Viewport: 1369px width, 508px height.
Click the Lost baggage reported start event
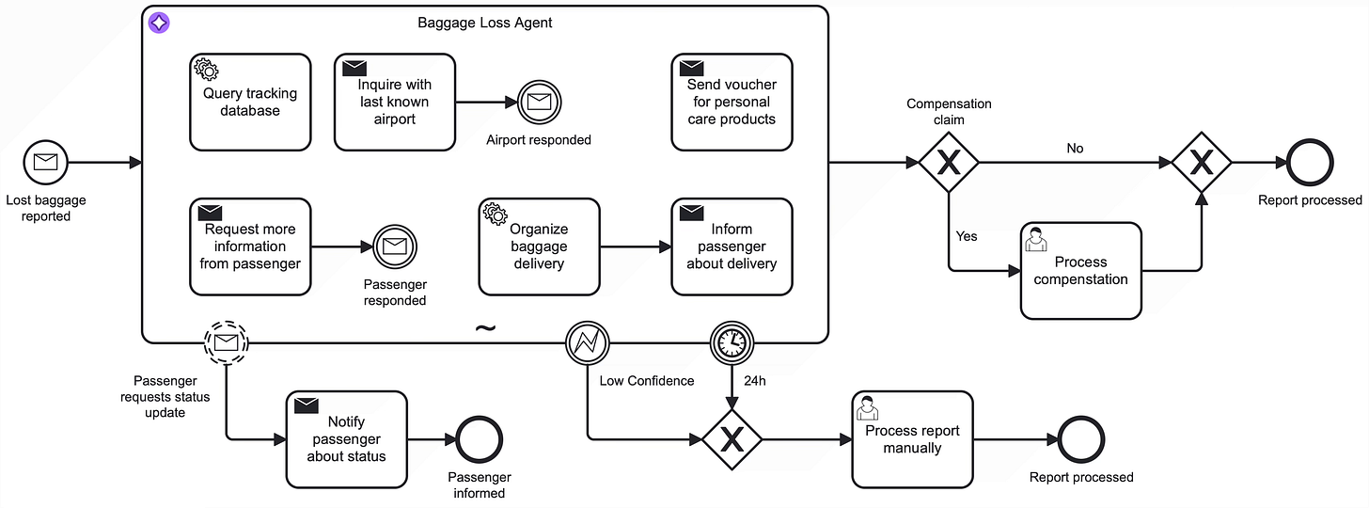(x=46, y=163)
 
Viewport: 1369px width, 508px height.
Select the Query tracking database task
(x=250, y=103)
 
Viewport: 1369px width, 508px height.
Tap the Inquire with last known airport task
(x=395, y=103)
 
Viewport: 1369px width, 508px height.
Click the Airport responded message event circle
(x=539, y=103)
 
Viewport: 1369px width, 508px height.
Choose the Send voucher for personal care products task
(x=732, y=103)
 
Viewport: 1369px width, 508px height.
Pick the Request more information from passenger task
(x=250, y=246)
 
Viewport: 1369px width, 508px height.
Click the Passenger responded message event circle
(x=395, y=246)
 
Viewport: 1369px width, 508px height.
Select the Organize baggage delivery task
(x=539, y=246)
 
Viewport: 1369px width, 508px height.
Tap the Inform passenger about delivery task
(x=732, y=246)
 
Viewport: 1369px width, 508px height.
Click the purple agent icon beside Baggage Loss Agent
(x=159, y=24)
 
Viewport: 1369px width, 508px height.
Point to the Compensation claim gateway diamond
(x=949, y=163)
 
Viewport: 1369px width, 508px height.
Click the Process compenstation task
(x=1080, y=271)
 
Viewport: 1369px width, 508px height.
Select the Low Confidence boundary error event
(x=587, y=343)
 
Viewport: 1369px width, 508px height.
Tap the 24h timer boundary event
(x=732, y=343)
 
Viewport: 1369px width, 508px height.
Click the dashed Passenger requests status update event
(x=226, y=343)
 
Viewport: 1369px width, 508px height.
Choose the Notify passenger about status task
(x=347, y=439)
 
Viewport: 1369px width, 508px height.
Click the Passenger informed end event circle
(x=480, y=439)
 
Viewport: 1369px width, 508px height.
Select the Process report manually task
(x=912, y=439)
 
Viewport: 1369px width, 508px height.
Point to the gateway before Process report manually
(x=732, y=439)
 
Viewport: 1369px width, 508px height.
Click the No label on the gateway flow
(x=1075, y=148)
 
